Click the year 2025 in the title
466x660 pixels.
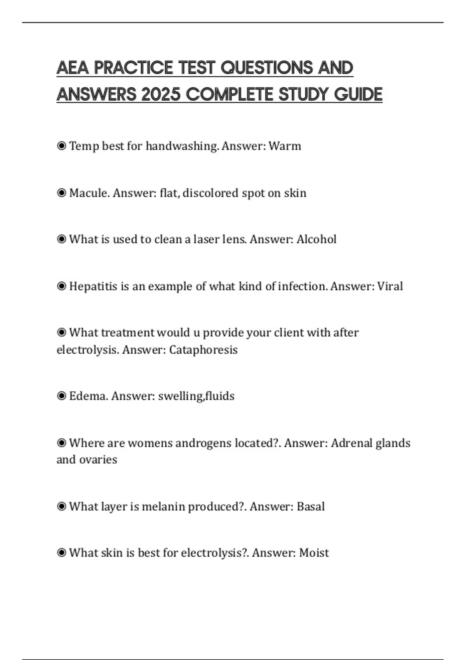click(160, 94)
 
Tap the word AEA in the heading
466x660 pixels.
click(73, 68)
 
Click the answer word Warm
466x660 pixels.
click(285, 146)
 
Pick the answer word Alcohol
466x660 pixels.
click(316, 239)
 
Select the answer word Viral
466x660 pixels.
click(390, 287)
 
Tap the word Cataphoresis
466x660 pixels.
click(203, 350)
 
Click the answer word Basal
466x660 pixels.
click(310, 507)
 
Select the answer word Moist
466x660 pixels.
click(314, 553)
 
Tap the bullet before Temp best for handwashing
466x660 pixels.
click(61, 146)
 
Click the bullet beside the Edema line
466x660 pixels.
click(61, 396)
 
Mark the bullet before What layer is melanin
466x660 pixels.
click(61, 507)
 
